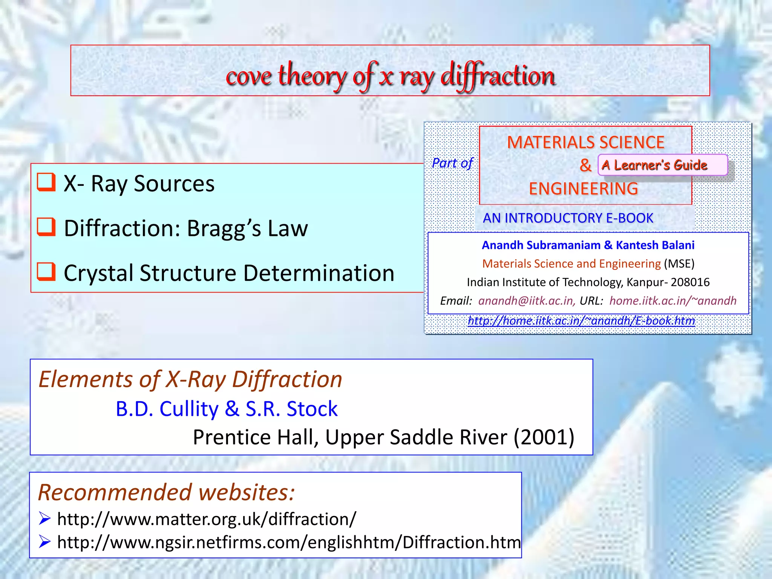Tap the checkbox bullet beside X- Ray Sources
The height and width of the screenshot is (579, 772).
pos(46,182)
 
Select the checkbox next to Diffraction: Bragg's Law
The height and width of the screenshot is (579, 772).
pos(46,227)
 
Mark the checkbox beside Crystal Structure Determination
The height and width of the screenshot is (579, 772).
pos(46,272)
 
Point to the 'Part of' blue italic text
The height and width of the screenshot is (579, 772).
pos(452,163)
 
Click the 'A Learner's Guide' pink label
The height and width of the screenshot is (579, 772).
pos(654,165)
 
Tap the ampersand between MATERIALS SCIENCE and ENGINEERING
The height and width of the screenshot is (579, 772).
pos(585,165)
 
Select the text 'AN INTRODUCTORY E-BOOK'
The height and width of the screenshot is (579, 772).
pos(568,218)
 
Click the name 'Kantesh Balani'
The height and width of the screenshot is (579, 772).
pos(655,245)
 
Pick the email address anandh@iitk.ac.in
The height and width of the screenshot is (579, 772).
pos(526,300)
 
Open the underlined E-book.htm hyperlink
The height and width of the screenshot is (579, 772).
pos(581,320)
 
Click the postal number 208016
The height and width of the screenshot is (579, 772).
pos(690,282)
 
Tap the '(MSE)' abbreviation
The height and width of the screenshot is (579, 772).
pos(679,263)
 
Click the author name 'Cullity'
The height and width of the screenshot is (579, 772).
pos(189,409)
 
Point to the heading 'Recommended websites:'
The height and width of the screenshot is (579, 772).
pos(166,492)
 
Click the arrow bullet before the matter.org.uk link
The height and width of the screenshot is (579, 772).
pos(44,519)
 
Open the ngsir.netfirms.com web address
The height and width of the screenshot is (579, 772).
pos(289,542)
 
